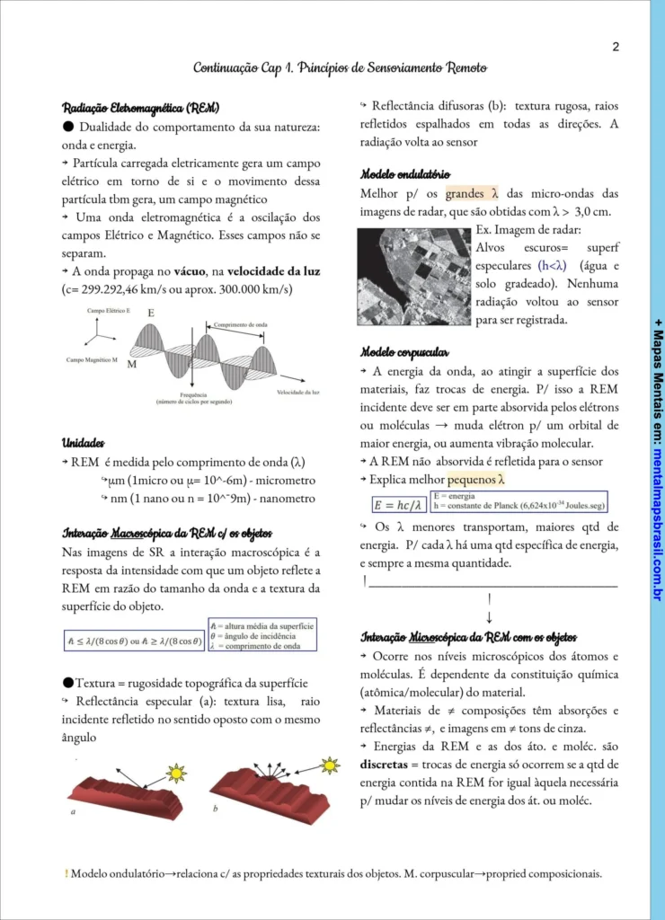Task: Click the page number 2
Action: [616, 47]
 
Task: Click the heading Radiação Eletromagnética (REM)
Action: [140, 108]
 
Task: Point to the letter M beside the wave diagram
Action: [132, 366]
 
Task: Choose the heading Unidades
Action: [83, 443]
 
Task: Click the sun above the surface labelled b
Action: [331, 765]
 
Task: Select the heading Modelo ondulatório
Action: [405, 173]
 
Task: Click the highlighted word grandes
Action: [465, 193]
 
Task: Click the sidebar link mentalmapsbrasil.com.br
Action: [658, 522]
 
